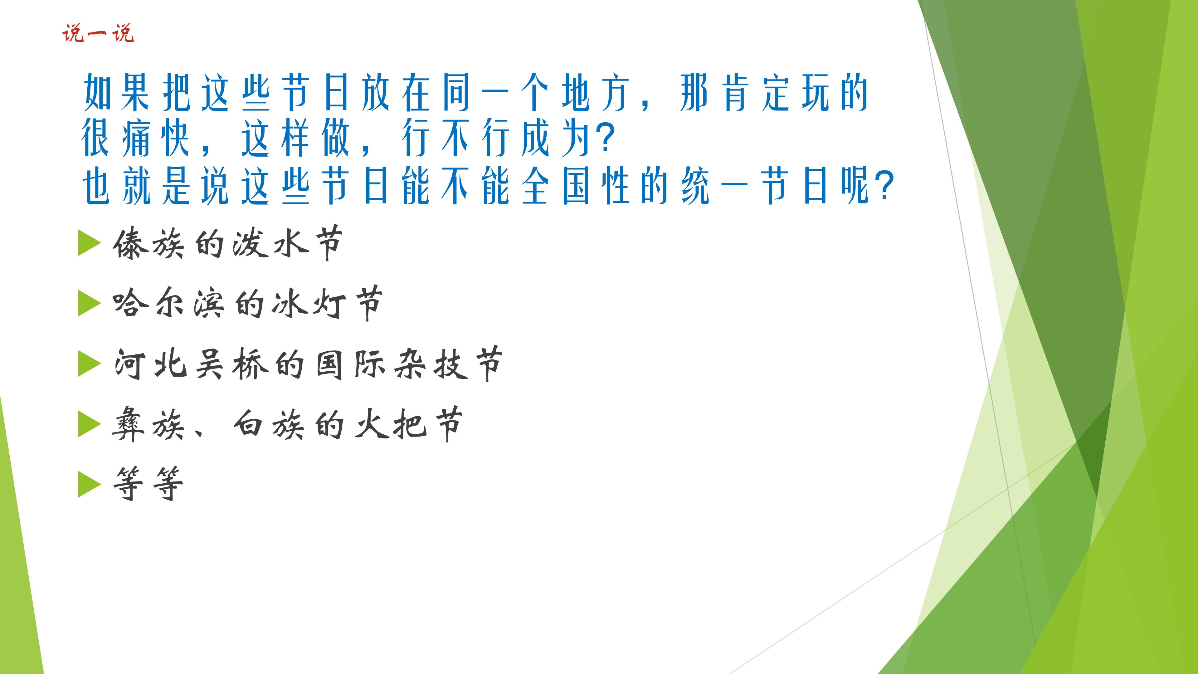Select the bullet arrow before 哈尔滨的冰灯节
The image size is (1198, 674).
pyautogui.click(x=89, y=303)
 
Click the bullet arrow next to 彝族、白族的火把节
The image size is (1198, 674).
pyautogui.click(x=89, y=424)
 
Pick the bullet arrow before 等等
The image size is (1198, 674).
pyautogui.click(x=89, y=484)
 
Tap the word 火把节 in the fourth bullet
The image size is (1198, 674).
pyautogui.click(x=408, y=424)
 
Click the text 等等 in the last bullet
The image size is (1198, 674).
pyautogui.click(x=148, y=484)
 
